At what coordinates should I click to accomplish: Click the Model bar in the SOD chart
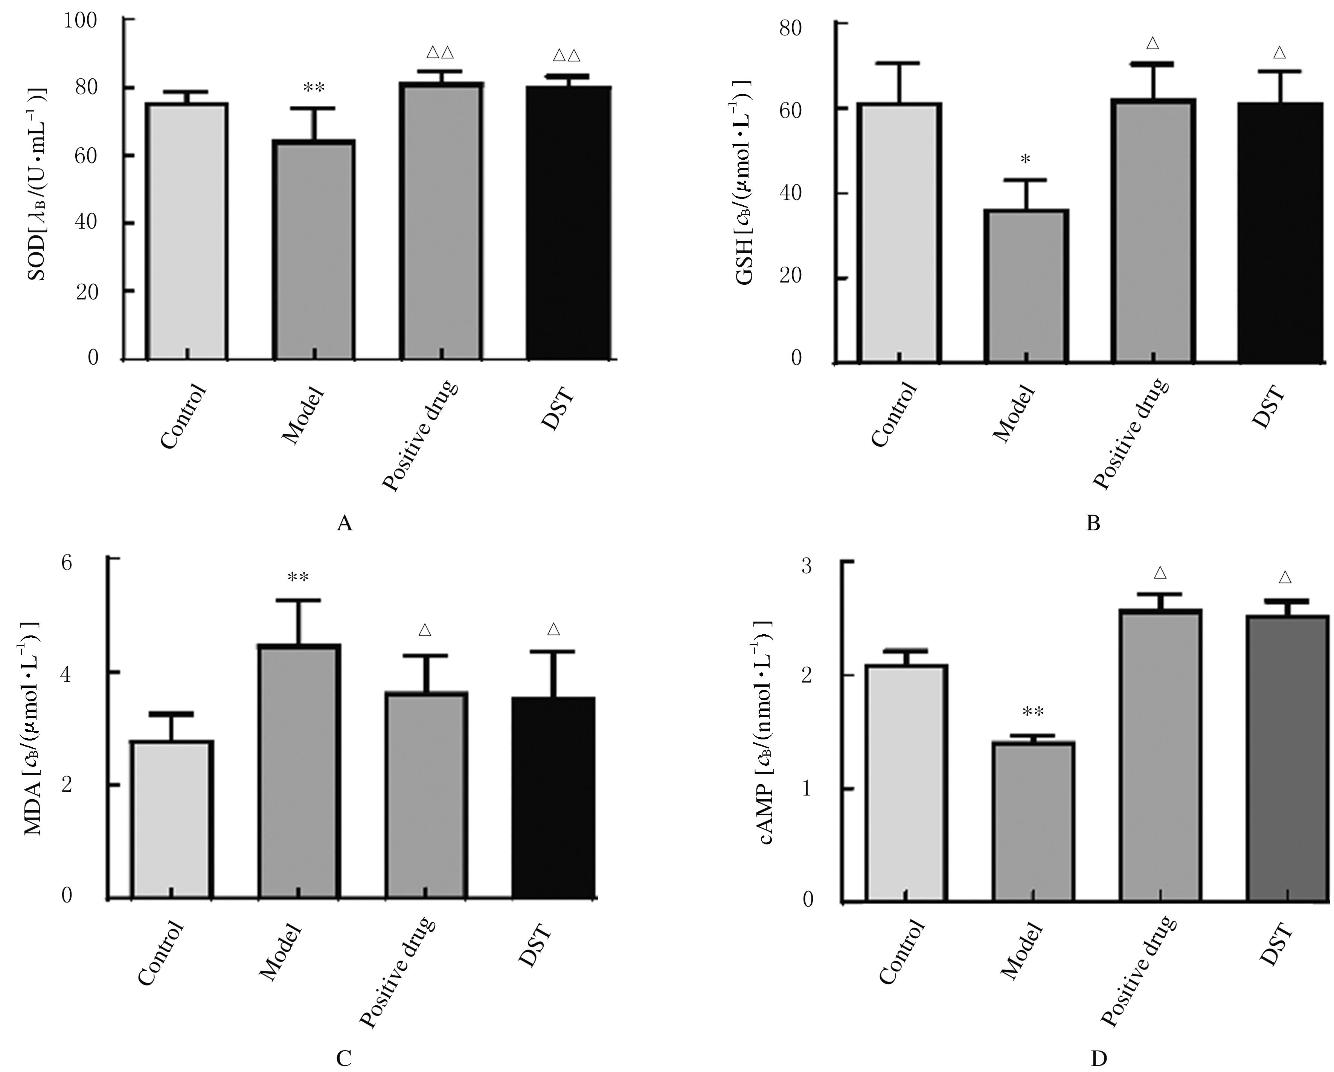(313, 250)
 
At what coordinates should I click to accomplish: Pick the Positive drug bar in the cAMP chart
(1160, 755)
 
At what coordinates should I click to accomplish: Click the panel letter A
(345, 524)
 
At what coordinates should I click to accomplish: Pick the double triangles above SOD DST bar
(567, 56)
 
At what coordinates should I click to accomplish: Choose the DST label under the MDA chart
(534, 946)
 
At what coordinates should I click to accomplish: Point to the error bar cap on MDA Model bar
(298, 600)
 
